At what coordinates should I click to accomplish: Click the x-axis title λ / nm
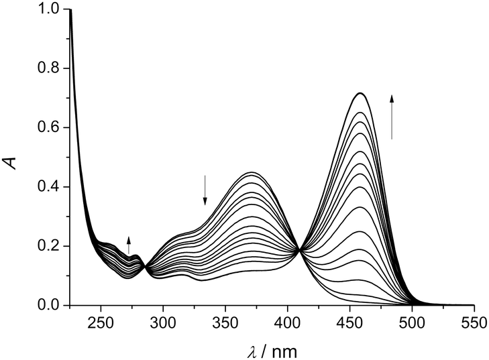click(x=272, y=349)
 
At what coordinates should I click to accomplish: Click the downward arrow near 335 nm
click(x=205, y=190)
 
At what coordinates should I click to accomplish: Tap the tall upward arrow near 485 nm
click(x=392, y=117)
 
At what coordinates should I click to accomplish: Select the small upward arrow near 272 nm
click(x=129, y=245)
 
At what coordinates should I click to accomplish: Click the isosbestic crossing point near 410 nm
click(x=300, y=250)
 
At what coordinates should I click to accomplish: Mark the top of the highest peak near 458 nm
click(x=361, y=93)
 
